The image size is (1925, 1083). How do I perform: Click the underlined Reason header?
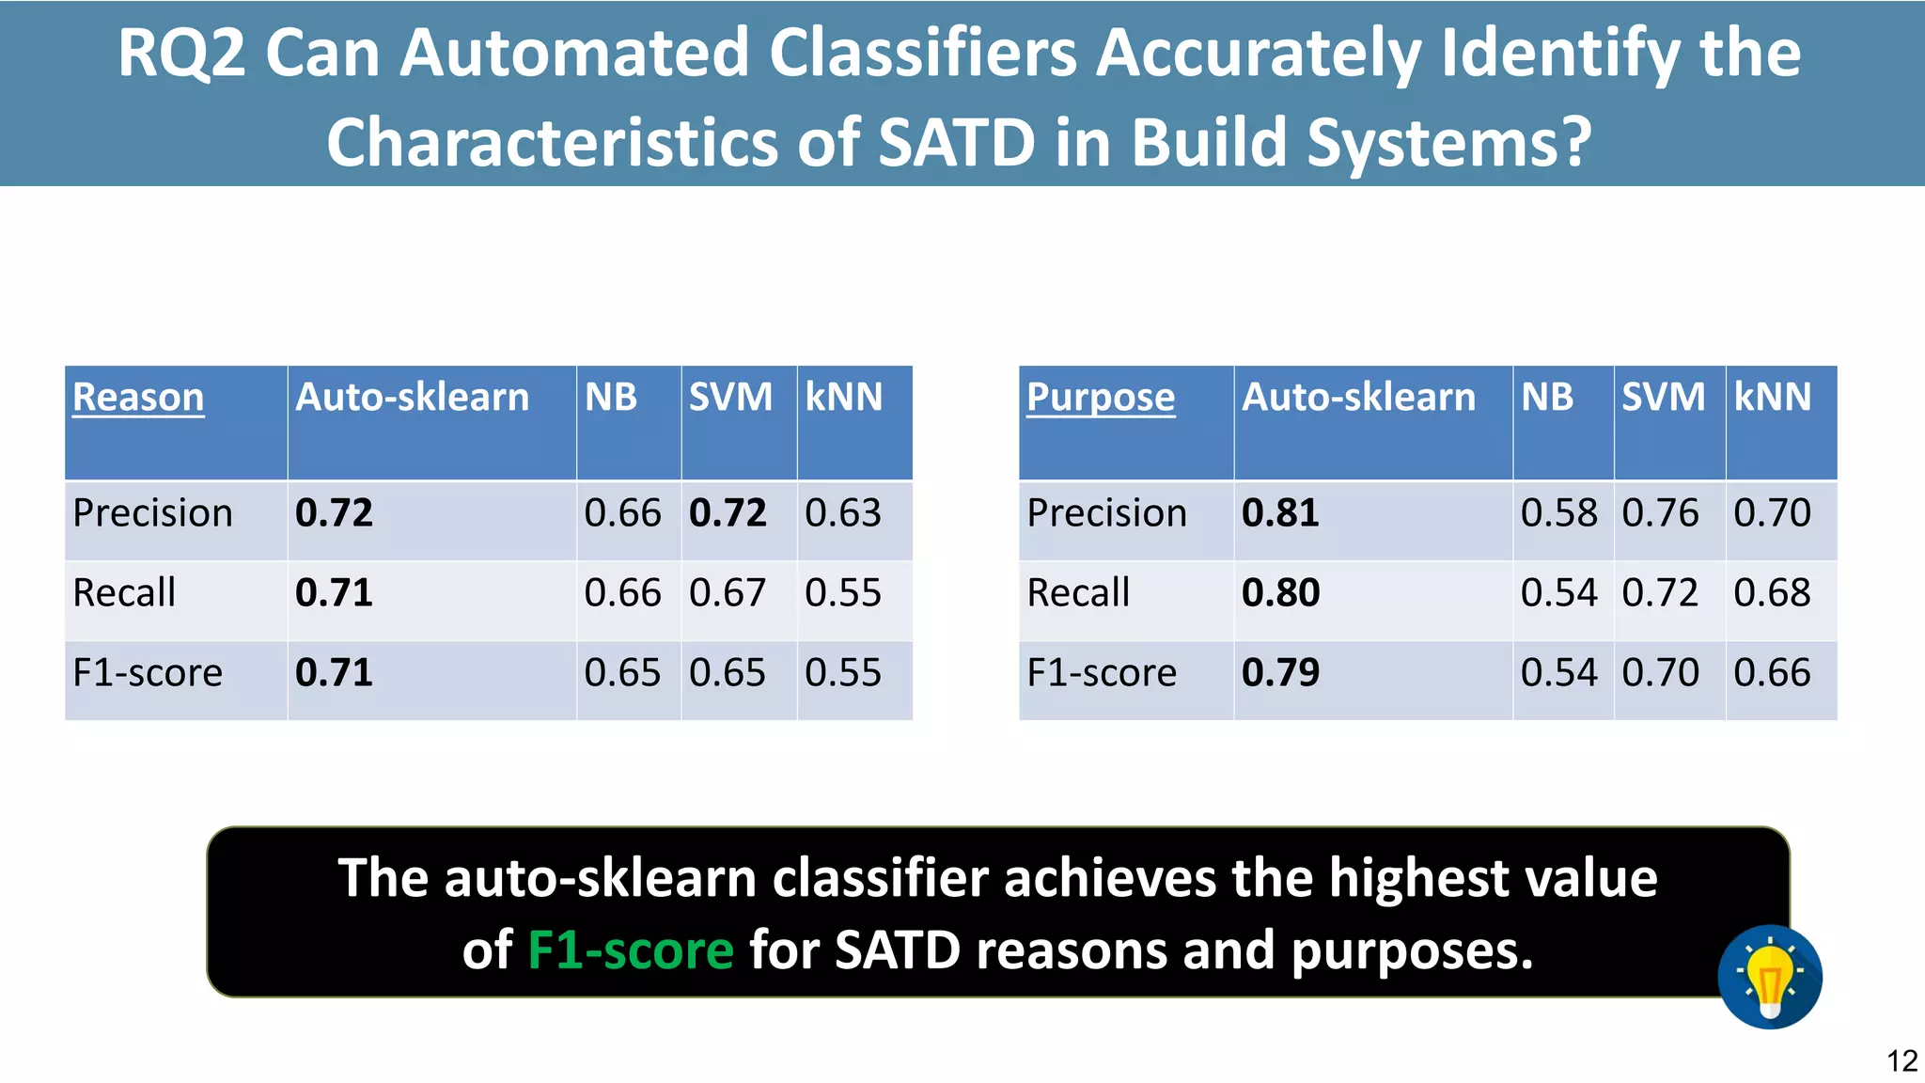pyautogui.click(x=138, y=398)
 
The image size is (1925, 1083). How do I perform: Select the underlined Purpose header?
pyautogui.click(x=1101, y=398)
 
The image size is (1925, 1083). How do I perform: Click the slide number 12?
pyautogui.click(x=1902, y=1061)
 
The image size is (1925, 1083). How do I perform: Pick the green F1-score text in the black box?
pyautogui.click(x=630, y=950)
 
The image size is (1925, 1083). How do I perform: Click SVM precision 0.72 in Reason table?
pyautogui.click(x=728, y=513)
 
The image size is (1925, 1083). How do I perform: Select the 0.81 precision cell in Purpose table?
pyautogui.click(x=1280, y=513)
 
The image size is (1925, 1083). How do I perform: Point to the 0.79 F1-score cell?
pyautogui.click(x=1280, y=673)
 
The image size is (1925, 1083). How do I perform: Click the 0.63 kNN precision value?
pyautogui.click(x=843, y=513)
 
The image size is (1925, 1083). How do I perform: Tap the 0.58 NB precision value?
pyautogui.click(x=1559, y=513)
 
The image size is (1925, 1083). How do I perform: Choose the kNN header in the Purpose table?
pyautogui.click(x=1772, y=398)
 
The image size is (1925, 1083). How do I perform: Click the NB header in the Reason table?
pyautogui.click(x=611, y=398)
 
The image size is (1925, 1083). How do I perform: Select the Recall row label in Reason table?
pyautogui.click(x=124, y=593)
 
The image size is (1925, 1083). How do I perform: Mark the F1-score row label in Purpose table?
pyautogui.click(x=1102, y=673)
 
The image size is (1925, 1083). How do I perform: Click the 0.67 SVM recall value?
pyautogui.click(x=728, y=593)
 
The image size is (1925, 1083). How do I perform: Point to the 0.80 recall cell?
pyautogui.click(x=1280, y=593)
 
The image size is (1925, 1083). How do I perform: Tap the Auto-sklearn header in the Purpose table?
pyautogui.click(x=1358, y=398)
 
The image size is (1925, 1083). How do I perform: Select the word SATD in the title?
pyautogui.click(x=956, y=143)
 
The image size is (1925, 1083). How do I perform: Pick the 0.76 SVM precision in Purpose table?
pyautogui.click(x=1660, y=513)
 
